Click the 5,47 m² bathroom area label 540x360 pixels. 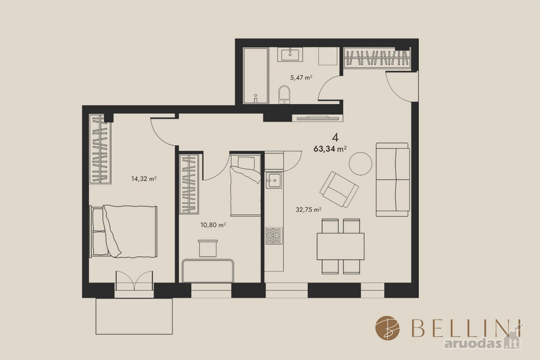click(x=301, y=78)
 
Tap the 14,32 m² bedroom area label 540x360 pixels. click(x=144, y=179)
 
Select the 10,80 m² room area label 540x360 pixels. click(x=213, y=225)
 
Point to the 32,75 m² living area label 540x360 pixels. click(x=308, y=210)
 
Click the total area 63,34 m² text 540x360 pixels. click(x=330, y=149)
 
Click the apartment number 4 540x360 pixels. click(x=335, y=138)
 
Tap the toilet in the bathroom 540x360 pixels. click(x=284, y=94)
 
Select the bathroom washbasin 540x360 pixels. click(x=290, y=54)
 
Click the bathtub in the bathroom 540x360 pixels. click(x=256, y=76)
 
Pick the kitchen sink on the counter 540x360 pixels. click(x=274, y=180)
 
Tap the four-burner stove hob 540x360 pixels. click(x=274, y=236)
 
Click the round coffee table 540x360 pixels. click(x=360, y=164)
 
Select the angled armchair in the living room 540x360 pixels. click(x=339, y=189)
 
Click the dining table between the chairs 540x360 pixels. click(x=340, y=246)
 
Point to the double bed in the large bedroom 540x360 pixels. click(x=123, y=231)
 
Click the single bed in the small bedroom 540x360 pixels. click(x=245, y=185)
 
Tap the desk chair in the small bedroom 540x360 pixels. click(x=208, y=248)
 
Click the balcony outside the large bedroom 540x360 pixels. click(x=134, y=316)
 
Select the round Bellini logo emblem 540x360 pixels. click(x=387, y=328)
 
